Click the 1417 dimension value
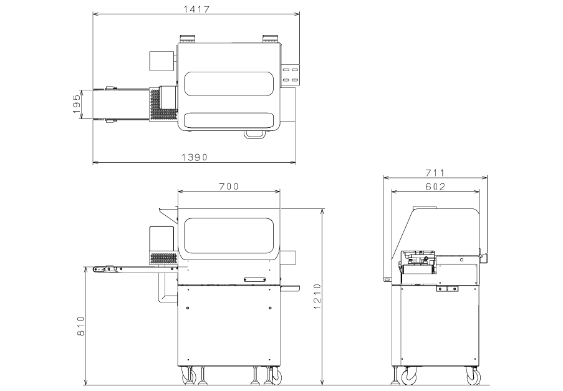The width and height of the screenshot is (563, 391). pyautogui.click(x=196, y=9)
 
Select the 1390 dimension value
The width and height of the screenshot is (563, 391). pyautogui.click(x=195, y=157)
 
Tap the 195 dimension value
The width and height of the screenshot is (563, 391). pyautogui.click(x=77, y=104)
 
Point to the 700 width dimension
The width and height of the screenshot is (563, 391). pyautogui.click(x=229, y=186)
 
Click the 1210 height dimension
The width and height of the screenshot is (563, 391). pyautogui.click(x=317, y=296)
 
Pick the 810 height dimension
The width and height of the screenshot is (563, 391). pyautogui.click(x=81, y=326)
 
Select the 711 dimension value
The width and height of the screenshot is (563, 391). pyautogui.click(x=435, y=173)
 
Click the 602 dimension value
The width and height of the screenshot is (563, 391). pyautogui.click(x=435, y=186)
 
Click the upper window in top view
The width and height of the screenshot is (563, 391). pyautogui.click(x=229, y=84)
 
